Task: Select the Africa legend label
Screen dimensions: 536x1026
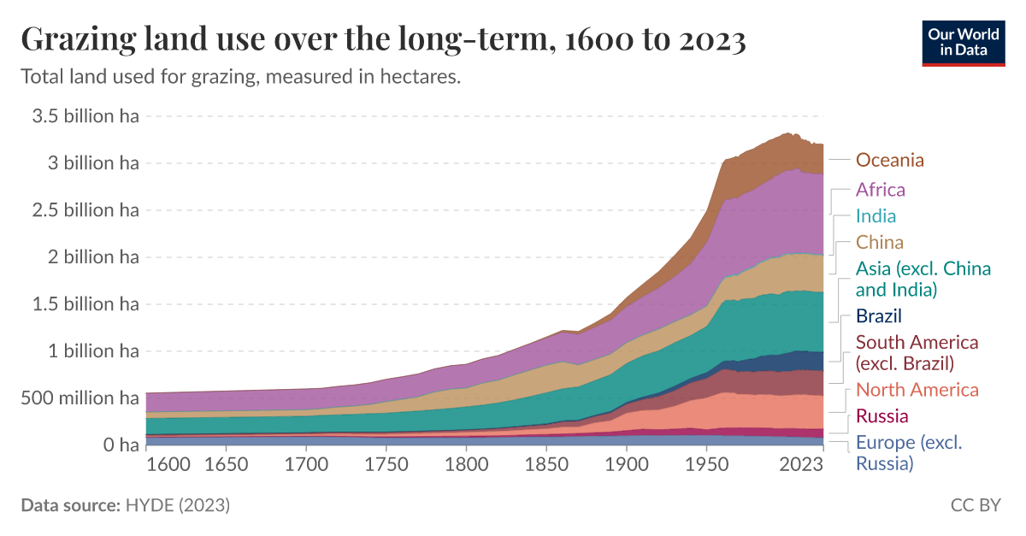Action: pyautogui.click(x=880, y=190)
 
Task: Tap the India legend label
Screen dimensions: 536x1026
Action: pyautogui.click(x=876, y=216)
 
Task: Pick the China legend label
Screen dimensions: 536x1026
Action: pyautogui.click(x=879, y=243)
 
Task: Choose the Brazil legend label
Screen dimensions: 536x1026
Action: pyautogui.click(x=879, y=315)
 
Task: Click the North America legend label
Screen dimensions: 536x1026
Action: pyautogui.click(x=917, y=391)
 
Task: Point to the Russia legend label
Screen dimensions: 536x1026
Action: pyautogui.click(x=882, y=417)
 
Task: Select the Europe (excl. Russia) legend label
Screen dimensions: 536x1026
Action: pyautogui.click(x=908, y=453)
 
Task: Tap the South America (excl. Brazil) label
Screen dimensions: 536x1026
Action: pyautogui.click(x=917, y=352)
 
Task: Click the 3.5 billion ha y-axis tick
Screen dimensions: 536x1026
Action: pyautogui.click(x=85, y=116)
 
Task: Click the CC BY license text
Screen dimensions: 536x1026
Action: pyautogui.click(x=975, y=506)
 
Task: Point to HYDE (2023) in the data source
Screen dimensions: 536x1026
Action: pyautogui.click(x=178, y=506)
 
